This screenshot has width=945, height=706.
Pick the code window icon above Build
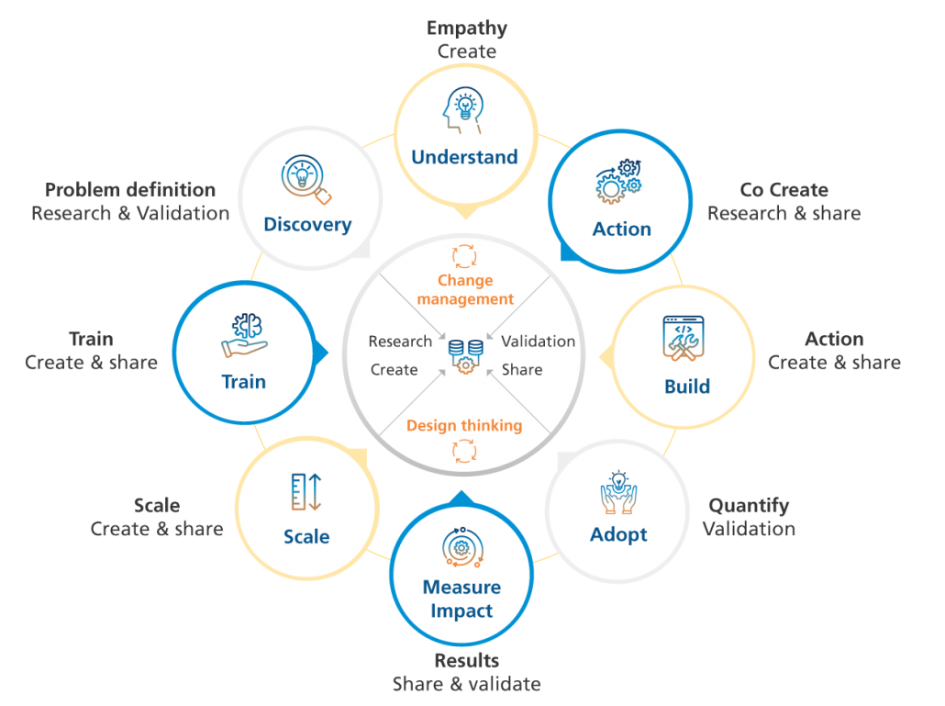click(x=687, y=339)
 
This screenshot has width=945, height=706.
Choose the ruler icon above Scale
click(x=306, y=492)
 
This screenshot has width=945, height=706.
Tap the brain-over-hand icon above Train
click(x=243, y=336)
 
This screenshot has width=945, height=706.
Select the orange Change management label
click(x=465, y=289)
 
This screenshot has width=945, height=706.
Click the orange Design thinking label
click(x=464, y=425)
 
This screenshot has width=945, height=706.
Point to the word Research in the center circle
click(x=400, y=342)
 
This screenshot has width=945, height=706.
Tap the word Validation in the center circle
click(x=539, y=342)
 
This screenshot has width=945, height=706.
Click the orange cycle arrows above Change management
click(x=465, y=255)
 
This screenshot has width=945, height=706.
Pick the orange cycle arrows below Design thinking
click(x=464, y=451)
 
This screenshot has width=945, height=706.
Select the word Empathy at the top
click(x=467, y=28)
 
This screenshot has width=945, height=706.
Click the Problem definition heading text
click(x=130, y=190)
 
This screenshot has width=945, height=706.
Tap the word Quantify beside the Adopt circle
click(x=749, y=506)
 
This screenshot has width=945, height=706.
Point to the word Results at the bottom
click(x=466, y=661)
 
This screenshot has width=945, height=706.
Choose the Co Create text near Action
click(x=784, y=190)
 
